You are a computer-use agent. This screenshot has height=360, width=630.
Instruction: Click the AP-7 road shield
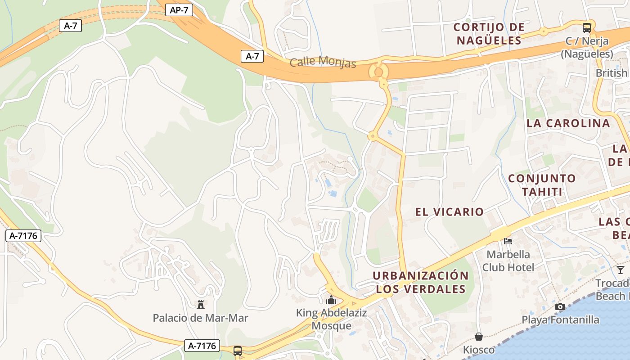[x=179, y=10]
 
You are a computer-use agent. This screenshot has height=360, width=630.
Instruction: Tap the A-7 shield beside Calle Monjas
[x=252, y=56]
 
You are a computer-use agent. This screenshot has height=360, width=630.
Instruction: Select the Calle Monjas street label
[x=323, y=62]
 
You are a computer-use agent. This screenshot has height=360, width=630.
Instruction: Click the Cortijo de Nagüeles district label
[x=489, y=34]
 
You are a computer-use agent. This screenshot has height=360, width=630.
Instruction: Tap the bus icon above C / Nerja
[x=587, y=27]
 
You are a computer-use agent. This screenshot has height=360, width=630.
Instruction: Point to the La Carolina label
[x=568, y=123]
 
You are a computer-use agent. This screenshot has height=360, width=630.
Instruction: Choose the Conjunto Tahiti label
[x=542, y=185]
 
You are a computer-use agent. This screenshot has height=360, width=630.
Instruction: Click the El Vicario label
[x=450, y=211]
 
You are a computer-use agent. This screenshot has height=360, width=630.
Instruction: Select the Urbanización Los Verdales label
[x=421, y=282]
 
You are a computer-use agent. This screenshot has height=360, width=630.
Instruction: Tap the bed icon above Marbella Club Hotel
[x=508, y=241]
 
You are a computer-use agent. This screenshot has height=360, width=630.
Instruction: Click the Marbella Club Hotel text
[x=508, y=261]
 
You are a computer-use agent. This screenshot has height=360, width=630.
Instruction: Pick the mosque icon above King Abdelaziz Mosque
[x=331, y=299]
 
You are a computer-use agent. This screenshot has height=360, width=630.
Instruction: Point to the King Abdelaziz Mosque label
[x=331, y=319]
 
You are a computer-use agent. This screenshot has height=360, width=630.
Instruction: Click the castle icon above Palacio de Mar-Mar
[x=201, y=305]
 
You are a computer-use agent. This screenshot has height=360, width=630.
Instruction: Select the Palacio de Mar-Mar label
[x=200, y=318]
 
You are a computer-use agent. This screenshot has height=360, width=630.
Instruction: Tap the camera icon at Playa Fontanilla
[x=560, y=306]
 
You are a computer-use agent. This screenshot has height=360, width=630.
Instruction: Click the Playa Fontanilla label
[x=560, y=320]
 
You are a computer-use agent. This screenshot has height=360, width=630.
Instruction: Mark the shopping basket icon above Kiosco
[x=479, y=336]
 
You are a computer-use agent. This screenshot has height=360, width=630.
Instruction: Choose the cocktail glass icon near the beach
[x=621, y=270]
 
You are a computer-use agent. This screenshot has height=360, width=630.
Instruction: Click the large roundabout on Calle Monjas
[x=378, y=71]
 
